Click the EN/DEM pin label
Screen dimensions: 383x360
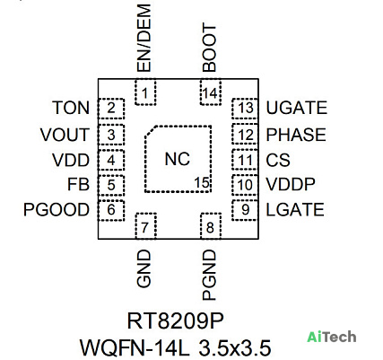pos(144,38)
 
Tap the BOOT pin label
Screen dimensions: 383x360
pos(209,48)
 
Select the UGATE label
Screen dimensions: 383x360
pos(297,108)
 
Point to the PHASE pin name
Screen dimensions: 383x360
pos(296,135)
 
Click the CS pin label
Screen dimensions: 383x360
pos(278,160)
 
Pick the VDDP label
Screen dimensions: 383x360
pos(291,184)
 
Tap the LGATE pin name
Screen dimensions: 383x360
pos(295,209)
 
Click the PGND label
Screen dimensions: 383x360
pos(209,276)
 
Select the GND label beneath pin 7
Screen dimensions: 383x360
pos(144,268)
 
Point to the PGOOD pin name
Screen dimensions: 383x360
pos(57,209)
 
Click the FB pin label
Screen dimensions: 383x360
pos(78,184)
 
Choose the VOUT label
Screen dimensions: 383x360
pos(65,135)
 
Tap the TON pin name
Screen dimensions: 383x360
pos(71,108)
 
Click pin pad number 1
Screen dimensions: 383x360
pos(145,92)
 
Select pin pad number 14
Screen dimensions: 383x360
pos(211,92)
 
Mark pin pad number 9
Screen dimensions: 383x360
pos(245,210)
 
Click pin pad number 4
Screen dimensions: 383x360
pos(111,160)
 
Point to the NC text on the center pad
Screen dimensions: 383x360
pos(178,159)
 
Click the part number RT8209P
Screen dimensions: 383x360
pos(176,321)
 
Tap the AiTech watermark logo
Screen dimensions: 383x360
pos(332,338)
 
